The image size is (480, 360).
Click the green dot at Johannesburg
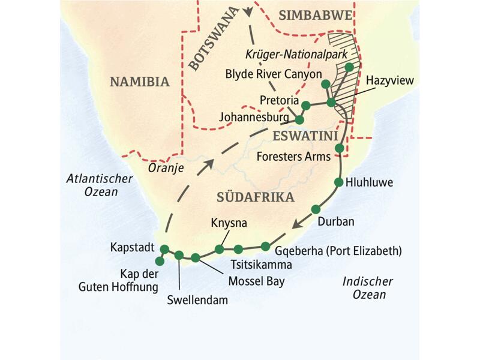tap(300, 120)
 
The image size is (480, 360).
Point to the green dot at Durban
tap(316, 209)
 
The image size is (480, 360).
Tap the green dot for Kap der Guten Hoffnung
tap(160, 261)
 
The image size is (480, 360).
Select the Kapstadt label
tap(132, 247)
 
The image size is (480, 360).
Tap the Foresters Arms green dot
tap(339, 148)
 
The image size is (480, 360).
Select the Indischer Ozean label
tap(368, 288)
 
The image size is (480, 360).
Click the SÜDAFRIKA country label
tap(255, 197)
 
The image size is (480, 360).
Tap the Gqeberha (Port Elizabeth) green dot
tap(265, 246)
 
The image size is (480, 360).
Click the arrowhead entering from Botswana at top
tap(247, 12)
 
